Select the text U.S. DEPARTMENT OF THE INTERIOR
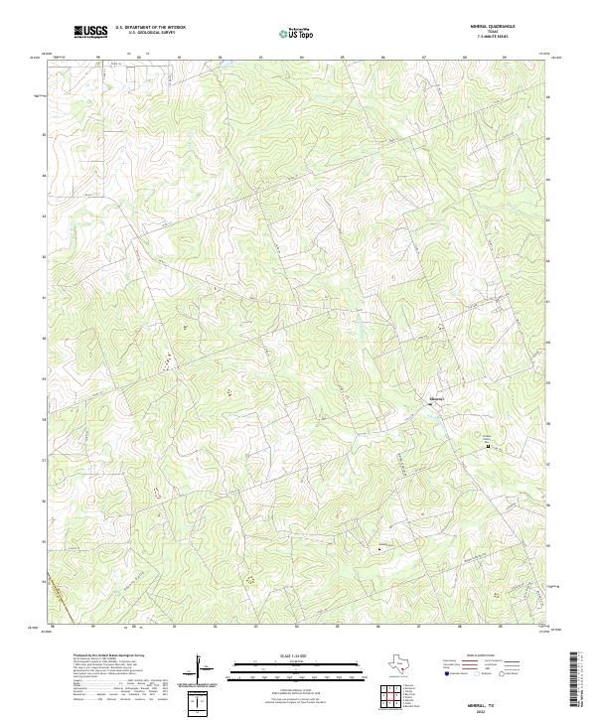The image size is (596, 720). click(150, 28)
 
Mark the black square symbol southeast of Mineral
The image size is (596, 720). click(488, 447)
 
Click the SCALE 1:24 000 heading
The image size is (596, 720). click(287, 656)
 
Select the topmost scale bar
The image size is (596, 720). click(287, 663)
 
